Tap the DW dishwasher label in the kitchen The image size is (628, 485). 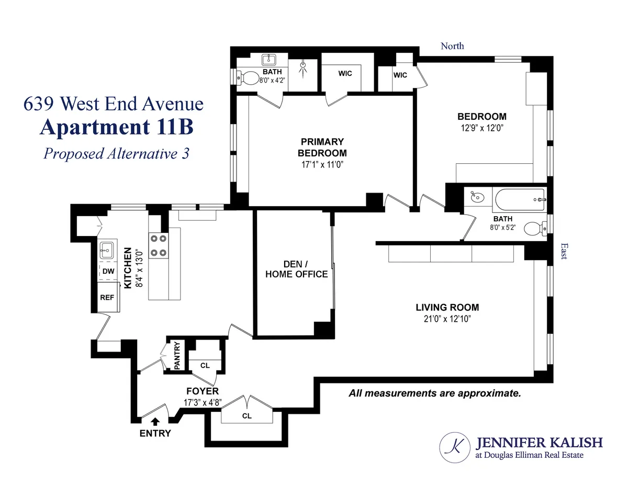pos(108,271)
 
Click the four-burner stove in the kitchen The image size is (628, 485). pos(159,245)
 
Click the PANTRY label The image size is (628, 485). pos(177,356)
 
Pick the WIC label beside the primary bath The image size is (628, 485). pos(345,73)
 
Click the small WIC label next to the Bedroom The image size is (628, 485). pos(400,75)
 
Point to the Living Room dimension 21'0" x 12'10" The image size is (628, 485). pos(447,319)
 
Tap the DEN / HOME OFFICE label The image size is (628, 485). pos(296,269)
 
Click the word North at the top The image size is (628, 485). pos(452,46)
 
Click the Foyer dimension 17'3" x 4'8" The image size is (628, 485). pos(203,403)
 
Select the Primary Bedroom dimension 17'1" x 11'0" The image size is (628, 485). pos(322,164)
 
